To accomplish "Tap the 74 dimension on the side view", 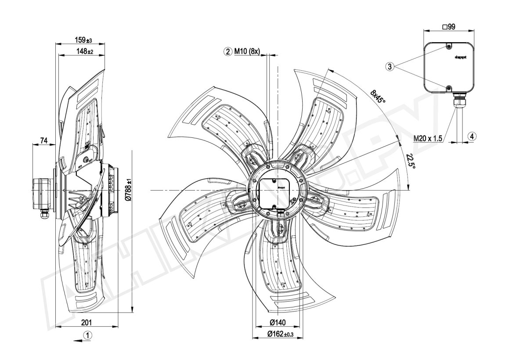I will coord(44,140).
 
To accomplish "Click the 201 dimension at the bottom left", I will coord(87,323).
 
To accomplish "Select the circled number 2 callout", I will coord(227,52).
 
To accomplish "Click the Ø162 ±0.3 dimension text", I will coord(279,335).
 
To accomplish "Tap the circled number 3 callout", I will coord(390,67).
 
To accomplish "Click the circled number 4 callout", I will coord(471,136).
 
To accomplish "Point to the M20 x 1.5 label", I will coord(428,138).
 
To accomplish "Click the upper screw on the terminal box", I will coord(448,46).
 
